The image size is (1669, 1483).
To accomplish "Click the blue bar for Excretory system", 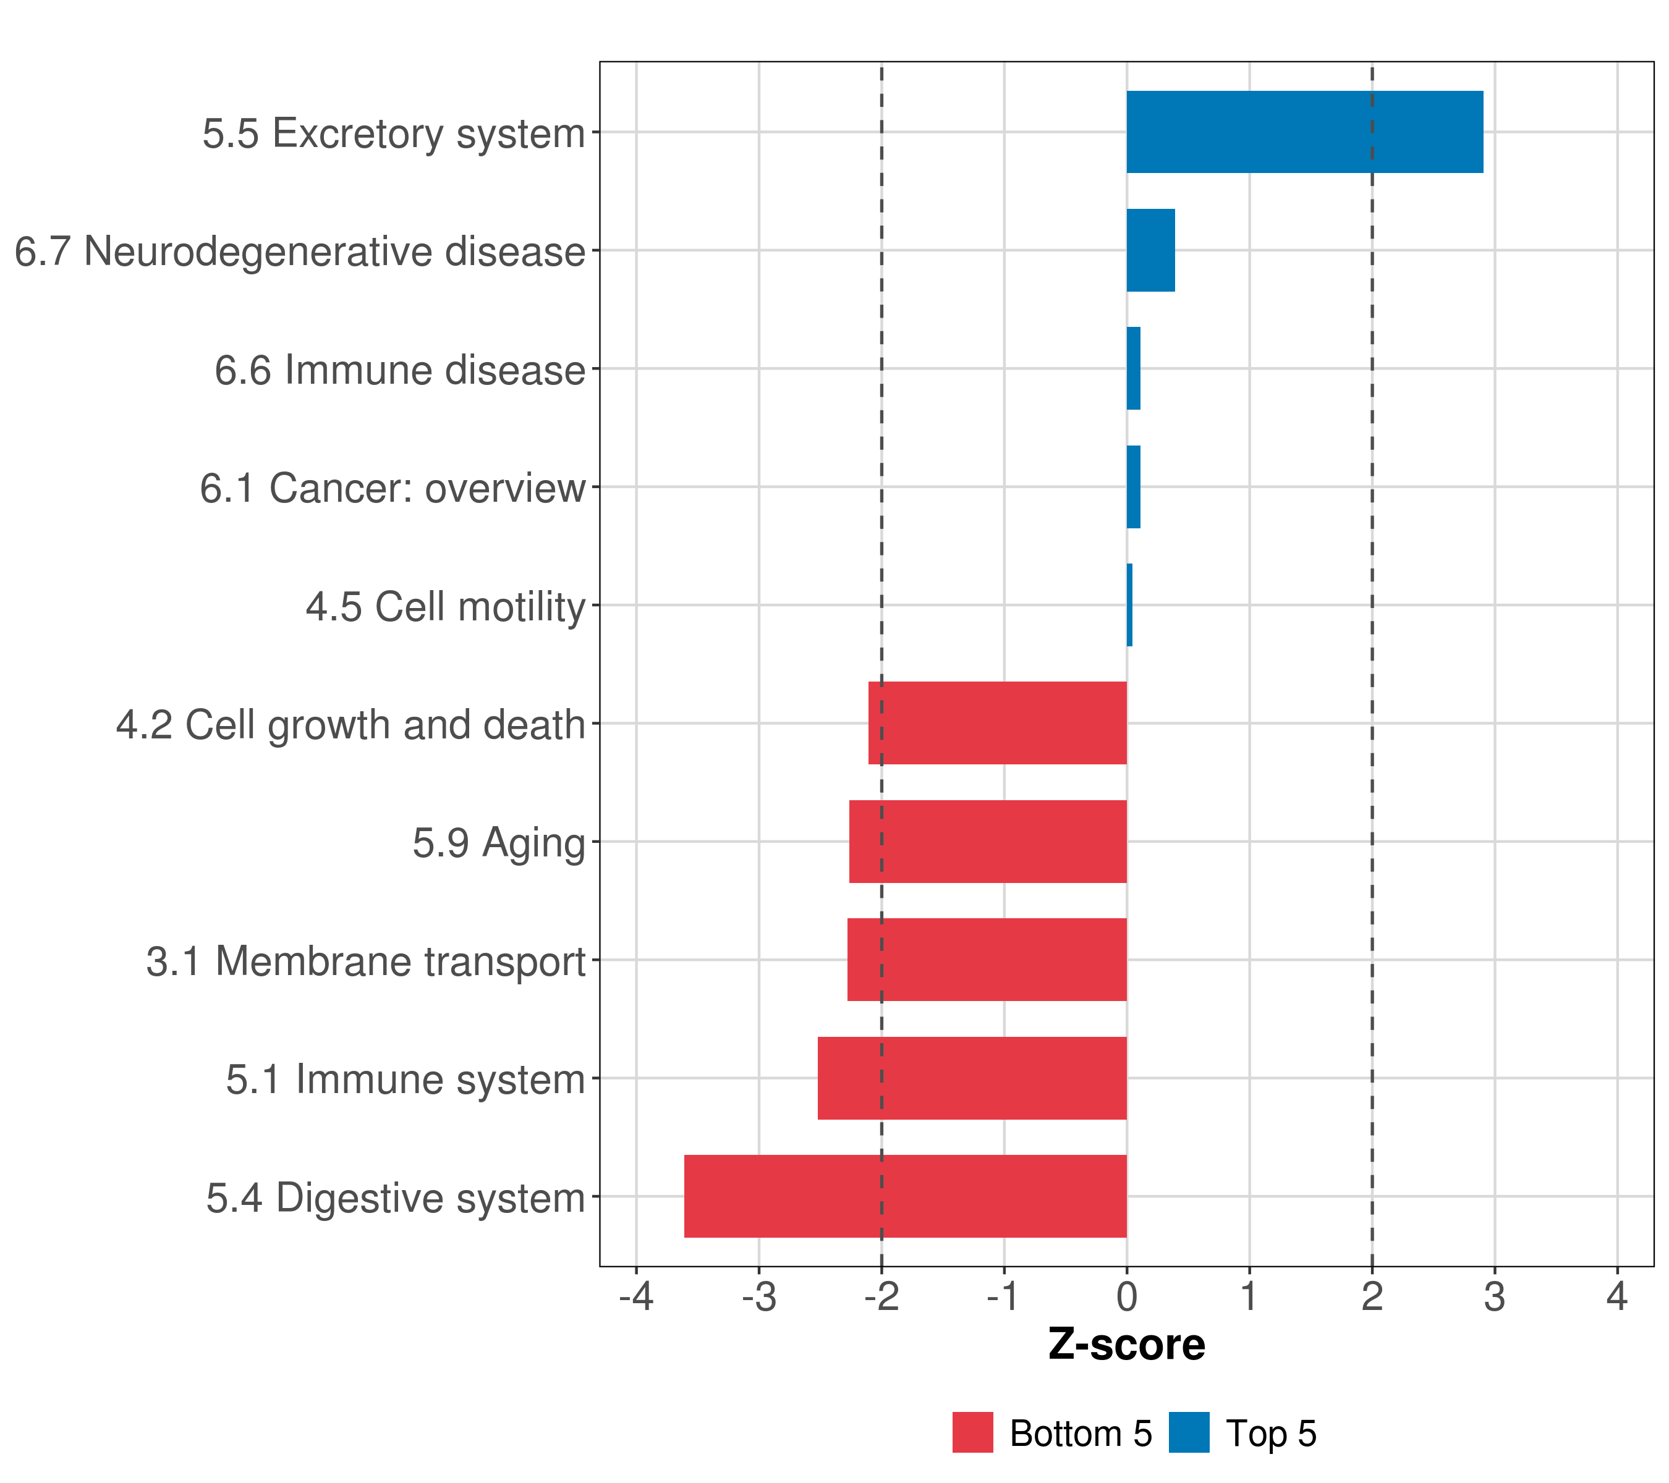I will tap(1304, 132).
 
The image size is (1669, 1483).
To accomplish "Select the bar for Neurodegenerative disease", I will tap(1150, 251).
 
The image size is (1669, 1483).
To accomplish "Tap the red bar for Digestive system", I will tap(905, 1196).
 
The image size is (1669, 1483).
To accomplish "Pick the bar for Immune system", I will tap(972, 1078).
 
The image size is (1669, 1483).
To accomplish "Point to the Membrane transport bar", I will tap(987, 959).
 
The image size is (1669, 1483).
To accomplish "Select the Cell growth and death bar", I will tap(997, 723).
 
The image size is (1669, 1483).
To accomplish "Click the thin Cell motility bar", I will tap(1129, 605).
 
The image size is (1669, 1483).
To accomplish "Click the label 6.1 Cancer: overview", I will tap(392, 488).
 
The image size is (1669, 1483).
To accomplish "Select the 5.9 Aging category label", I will tap(499, 843).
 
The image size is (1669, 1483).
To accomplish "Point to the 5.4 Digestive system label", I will tap(395, 1198).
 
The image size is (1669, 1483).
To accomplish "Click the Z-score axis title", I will tap(1126, 1345).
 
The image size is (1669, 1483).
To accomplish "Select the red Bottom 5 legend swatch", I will tap(972, 1432).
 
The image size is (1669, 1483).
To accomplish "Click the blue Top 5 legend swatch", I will tap(1189, 1432).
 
